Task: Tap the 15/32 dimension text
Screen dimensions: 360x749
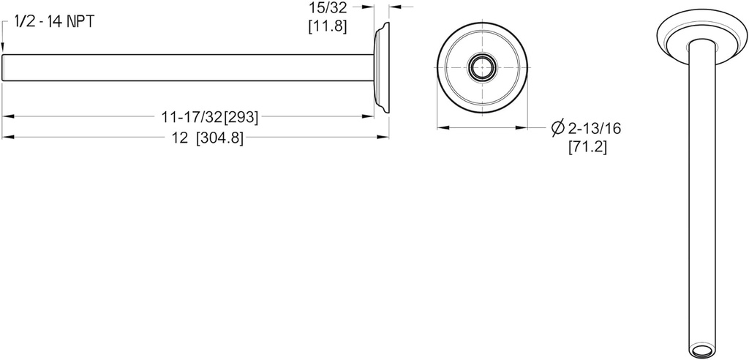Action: tap(326, 9)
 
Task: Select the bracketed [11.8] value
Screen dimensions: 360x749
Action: tap(326, 27)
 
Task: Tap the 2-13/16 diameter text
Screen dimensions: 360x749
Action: tap(594, 129)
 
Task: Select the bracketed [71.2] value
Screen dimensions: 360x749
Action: tap(587, 147)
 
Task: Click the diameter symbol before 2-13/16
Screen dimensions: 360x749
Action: tap(557, 129)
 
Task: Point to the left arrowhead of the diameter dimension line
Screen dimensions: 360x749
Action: tap(441, 128)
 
